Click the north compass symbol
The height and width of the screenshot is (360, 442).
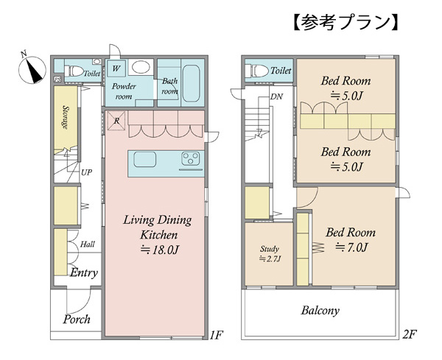point(32,69)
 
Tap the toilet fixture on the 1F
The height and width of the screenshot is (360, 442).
point(74,71)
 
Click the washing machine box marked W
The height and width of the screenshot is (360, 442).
point(116,68)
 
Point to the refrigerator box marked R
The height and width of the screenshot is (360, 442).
point(116,121)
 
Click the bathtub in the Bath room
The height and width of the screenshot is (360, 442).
point(192,83)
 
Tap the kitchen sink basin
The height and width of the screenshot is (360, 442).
point(145,160)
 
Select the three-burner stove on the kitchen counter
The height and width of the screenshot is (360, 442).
point(191,158)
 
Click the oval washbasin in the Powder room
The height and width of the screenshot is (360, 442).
point(141,67)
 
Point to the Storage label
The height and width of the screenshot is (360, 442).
point(66,117)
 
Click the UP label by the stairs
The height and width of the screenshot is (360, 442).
point(86,172)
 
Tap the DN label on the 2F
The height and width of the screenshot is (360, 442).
point(276,96)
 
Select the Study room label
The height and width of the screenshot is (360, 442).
point(270,249)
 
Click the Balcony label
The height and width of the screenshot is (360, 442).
point(320,311)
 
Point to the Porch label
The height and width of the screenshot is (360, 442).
point(77,320)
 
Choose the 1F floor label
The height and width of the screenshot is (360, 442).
point(216,335)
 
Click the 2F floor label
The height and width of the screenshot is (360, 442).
point(410,334)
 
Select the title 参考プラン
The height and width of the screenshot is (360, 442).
point(346,22)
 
